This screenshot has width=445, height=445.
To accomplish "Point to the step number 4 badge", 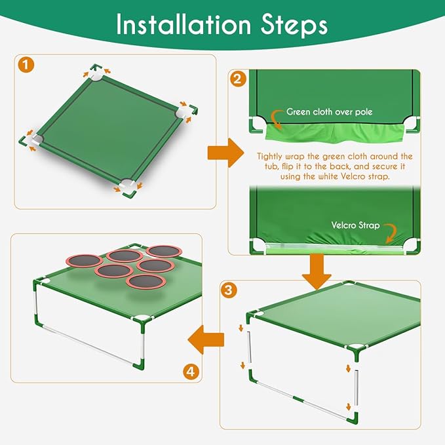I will (190, 372).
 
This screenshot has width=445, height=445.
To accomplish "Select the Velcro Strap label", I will (355, 225).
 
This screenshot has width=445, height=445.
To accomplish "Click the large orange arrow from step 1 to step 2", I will (221, 152).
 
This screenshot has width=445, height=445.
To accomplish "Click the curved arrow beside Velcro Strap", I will (391, 231).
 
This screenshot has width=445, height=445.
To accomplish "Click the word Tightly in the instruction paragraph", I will (273, 157).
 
